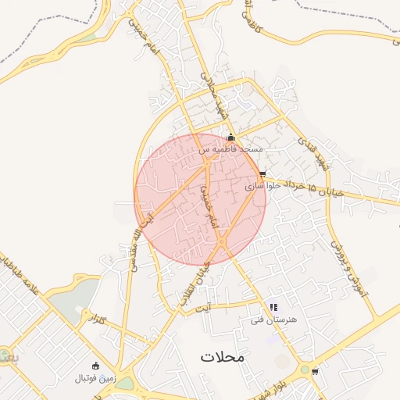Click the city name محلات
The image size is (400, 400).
(x=222, y=357)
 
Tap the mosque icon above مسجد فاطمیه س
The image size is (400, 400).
(x=230, y=137)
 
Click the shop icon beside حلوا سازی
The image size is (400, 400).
(x=262, y=174)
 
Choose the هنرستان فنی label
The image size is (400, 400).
(x=270, y=319)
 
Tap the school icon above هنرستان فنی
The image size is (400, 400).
(x=273, y=307)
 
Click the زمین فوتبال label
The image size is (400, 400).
(x=95, y=378)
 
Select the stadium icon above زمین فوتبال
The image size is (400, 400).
(x=96, y=366)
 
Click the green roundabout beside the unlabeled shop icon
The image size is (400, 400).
(x=304, y=370)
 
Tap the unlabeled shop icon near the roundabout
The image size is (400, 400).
(x=315, y=371)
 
